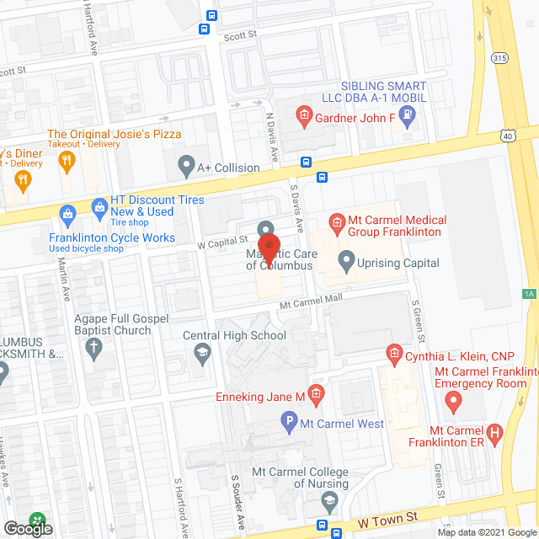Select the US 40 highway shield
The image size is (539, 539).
pyautogui.click(x=506, y=135)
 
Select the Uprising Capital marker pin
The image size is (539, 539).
pyautogui.click(x=345, y=259)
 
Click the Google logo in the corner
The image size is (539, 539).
pyautogui.click(x=27, y=528)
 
